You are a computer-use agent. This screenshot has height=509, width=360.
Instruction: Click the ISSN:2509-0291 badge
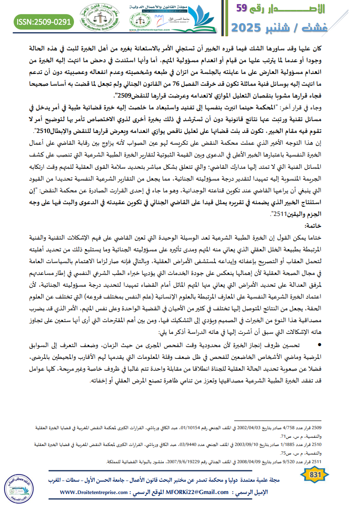(44, 21)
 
